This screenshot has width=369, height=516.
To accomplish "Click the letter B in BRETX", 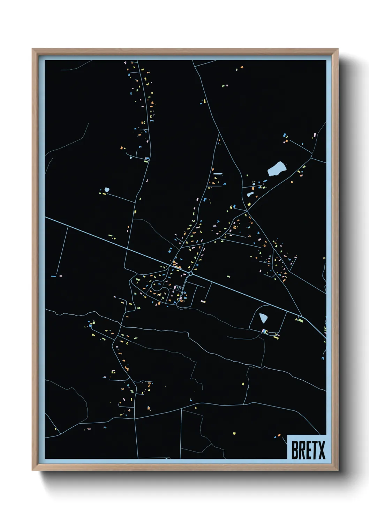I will [294, 450].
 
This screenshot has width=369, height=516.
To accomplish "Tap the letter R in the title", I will [301, 450].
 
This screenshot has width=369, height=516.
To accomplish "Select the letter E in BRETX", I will [308, 450].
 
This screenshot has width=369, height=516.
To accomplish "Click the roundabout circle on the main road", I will [190, 274].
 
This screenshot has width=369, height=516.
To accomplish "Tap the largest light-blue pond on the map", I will [277, 169].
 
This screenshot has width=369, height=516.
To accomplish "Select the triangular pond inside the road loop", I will [263, 318].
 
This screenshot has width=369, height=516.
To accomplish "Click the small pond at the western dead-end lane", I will [107, 190].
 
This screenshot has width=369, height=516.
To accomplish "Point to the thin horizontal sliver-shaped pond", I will [218, 173].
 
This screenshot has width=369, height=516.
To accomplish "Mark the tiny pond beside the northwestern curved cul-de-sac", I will [131, 158].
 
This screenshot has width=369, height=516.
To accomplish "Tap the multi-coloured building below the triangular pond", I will [265, 331].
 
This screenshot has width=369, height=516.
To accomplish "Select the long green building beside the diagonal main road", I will [300, 319].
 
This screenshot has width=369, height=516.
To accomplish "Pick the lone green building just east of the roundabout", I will [229, 277].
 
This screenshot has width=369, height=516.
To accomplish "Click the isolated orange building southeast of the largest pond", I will [292, 182].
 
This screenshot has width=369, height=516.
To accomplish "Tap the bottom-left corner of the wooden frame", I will [32, 470].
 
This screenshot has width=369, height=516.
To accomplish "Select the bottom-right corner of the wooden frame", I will [338, 470].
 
